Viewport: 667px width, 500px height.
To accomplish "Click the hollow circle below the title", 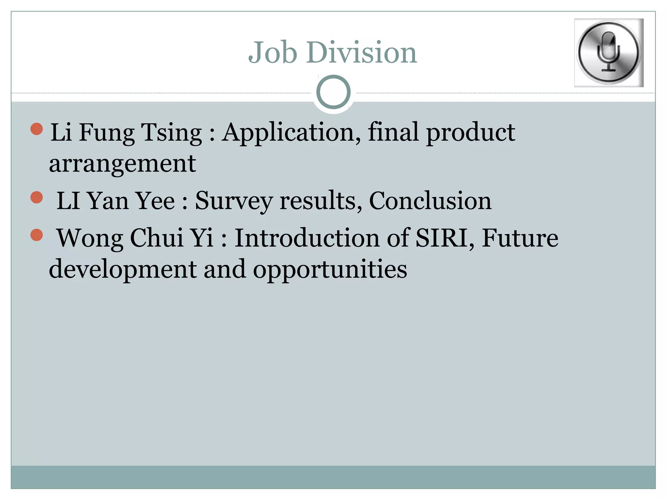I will coord(333,92).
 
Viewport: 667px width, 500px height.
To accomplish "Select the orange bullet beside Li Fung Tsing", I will coord(37,129).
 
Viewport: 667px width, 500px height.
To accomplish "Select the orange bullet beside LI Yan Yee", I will coord(37,197).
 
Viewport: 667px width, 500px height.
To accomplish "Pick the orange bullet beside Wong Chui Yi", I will coord(37,235).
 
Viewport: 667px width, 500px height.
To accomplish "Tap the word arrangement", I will coord(122,163).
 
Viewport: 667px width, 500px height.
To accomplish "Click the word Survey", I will coord(234,201).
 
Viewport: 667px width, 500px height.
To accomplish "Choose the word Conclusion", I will coord(430,201).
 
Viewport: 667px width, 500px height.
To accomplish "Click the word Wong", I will coord(90,238).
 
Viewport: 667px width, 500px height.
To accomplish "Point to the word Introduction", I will coord(307,238).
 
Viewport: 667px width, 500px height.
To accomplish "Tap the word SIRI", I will coord(445,238).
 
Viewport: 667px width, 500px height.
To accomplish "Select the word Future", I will coord(520,238).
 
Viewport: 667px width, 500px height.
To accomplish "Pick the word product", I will coord(471,133).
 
